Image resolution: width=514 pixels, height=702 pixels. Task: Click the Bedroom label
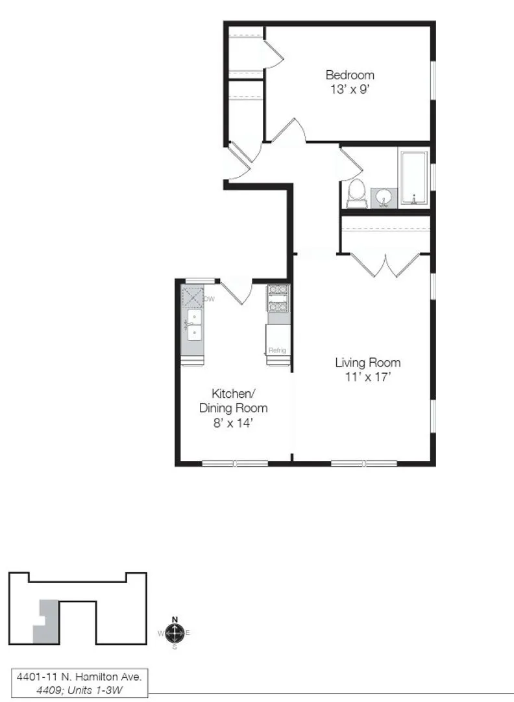point(350,75)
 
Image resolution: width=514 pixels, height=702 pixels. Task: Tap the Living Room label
point(367,363)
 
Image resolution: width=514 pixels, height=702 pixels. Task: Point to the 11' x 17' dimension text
point(367,377)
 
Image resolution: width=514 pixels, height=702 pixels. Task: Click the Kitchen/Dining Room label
point(233,400)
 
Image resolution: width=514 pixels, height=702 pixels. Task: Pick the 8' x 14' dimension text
point(233,422)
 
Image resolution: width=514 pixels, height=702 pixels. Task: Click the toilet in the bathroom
point(356,193)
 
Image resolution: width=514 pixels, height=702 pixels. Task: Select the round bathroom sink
point(384,197)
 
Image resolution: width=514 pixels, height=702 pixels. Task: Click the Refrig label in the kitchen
point(277,351)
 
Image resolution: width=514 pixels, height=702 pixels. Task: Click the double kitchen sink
point(193,324)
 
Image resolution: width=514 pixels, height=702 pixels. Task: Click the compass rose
point(174,632)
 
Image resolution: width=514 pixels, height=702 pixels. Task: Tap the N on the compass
point(174,619)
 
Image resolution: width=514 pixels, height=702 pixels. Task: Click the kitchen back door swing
point(236,291)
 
